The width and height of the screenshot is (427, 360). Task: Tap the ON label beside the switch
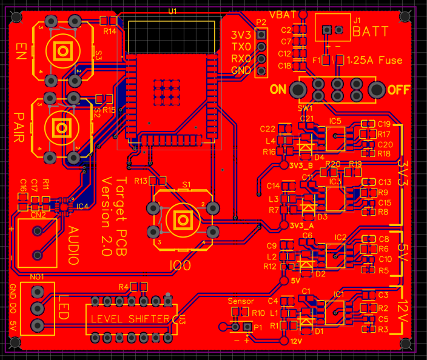point(278,90)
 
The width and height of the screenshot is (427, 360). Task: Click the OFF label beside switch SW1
point(398,90)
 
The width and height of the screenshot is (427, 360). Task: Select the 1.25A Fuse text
point(382,61)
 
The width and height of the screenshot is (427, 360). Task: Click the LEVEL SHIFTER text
point(131,319)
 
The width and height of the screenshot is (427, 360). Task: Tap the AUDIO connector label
point(73,245)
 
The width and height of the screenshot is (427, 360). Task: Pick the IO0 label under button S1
point(181,265)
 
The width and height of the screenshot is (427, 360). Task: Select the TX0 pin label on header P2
point(241,46)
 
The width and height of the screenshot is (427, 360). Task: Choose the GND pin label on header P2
point(241,70)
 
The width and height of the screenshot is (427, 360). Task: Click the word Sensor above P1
point(241,301)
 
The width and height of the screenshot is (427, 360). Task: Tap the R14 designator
point(110,31)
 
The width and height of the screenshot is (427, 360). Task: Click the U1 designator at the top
point(173,12)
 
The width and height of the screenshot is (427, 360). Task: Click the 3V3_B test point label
point(301,165)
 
